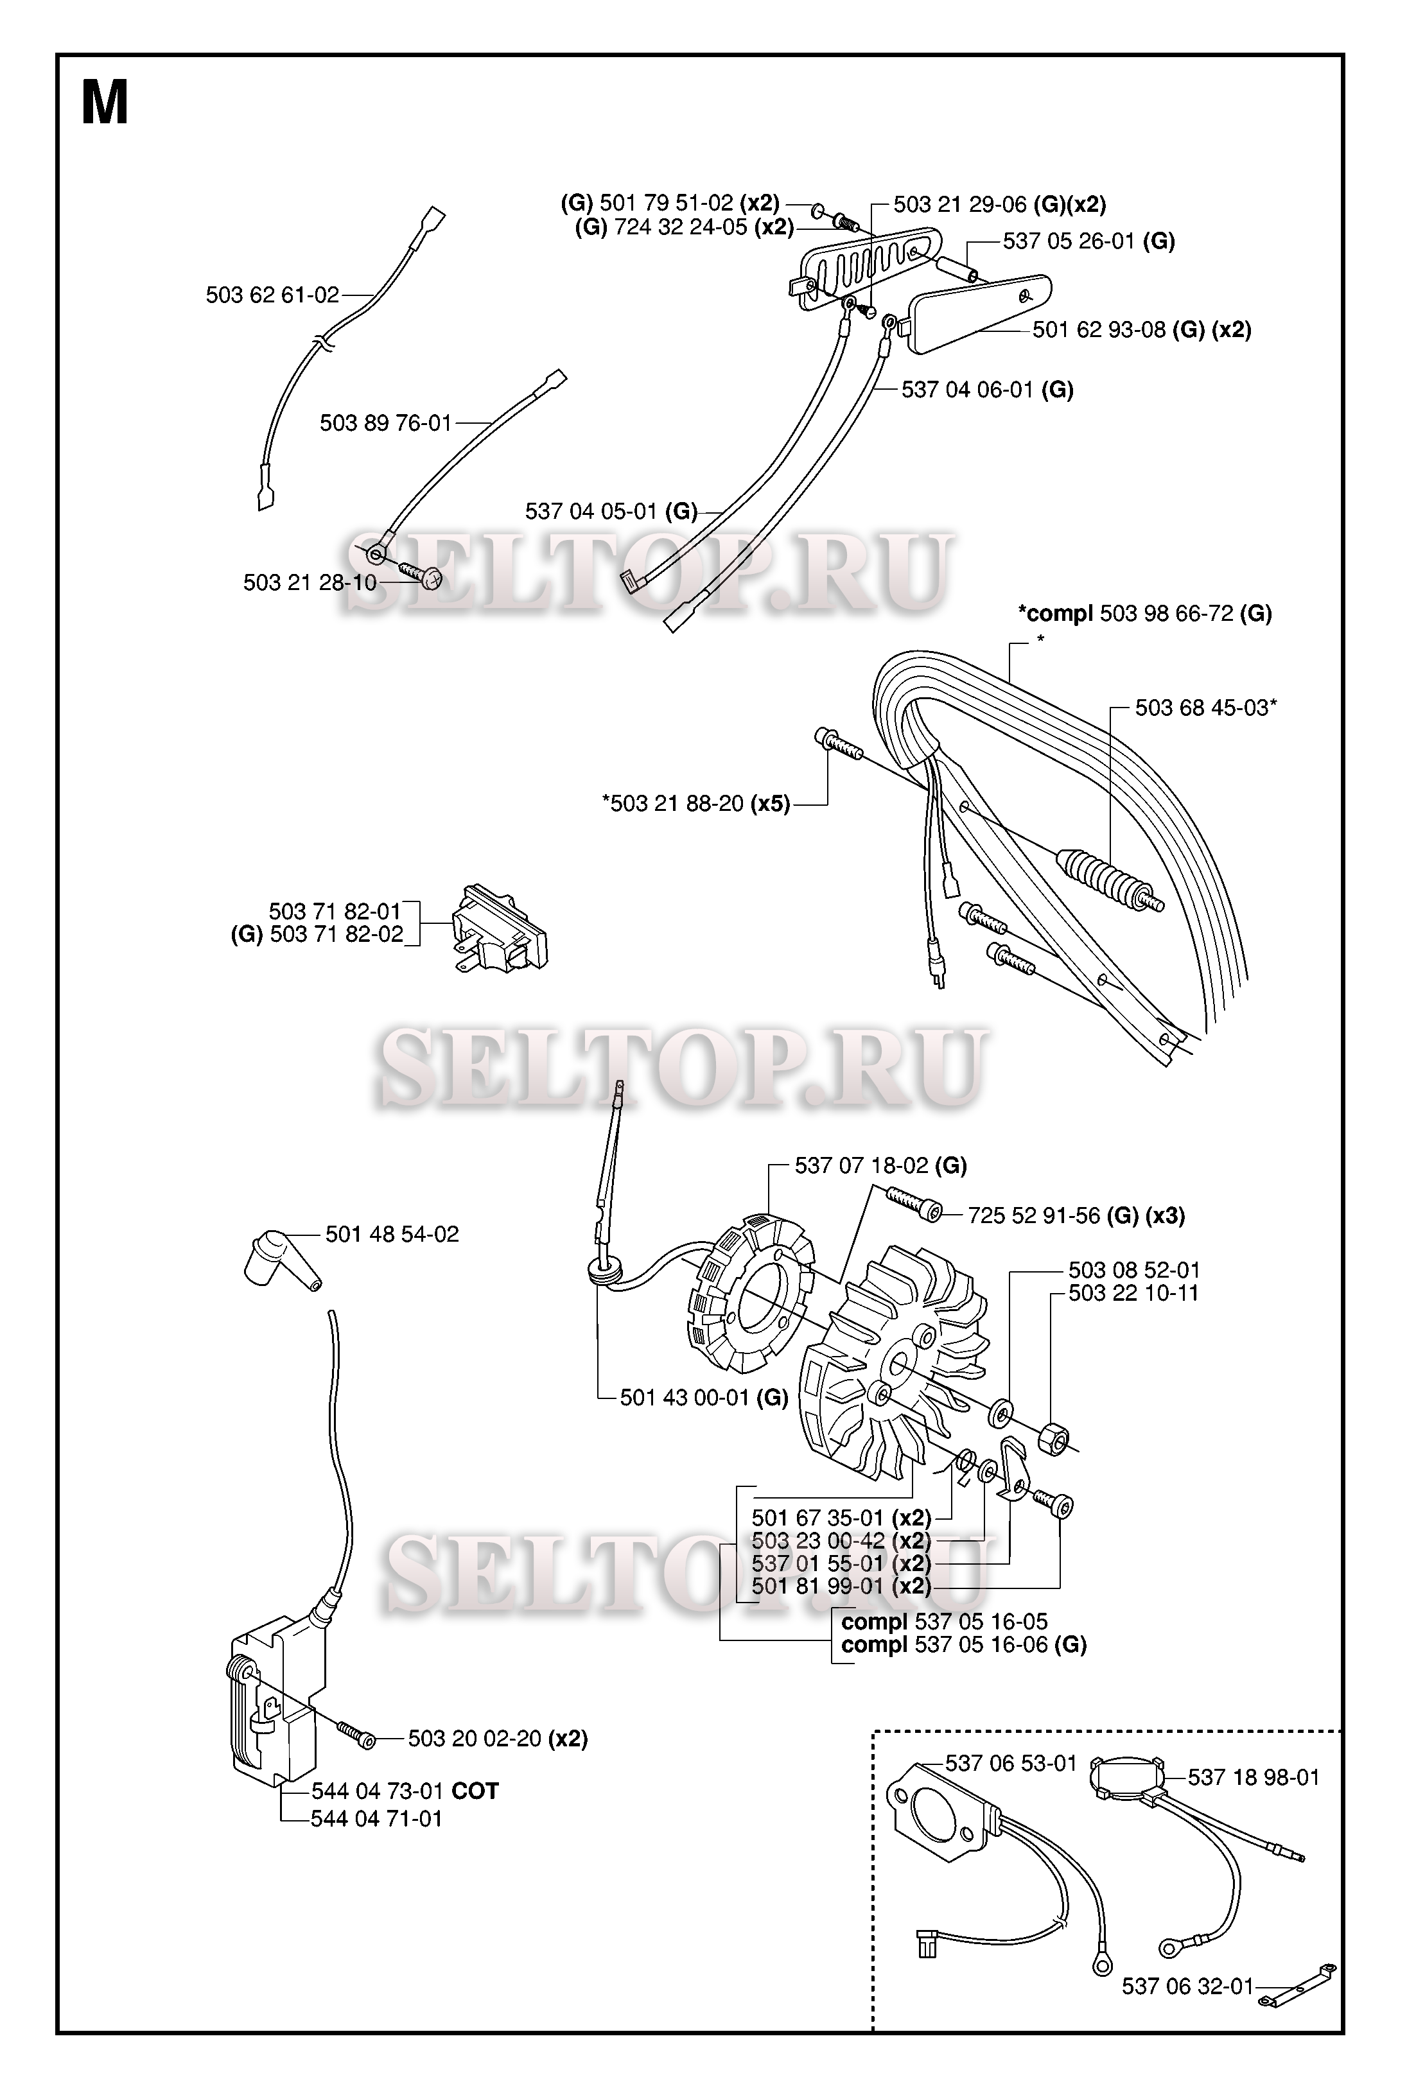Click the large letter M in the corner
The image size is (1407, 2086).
point(105,103)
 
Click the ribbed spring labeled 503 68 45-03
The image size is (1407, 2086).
point(1109,878)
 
